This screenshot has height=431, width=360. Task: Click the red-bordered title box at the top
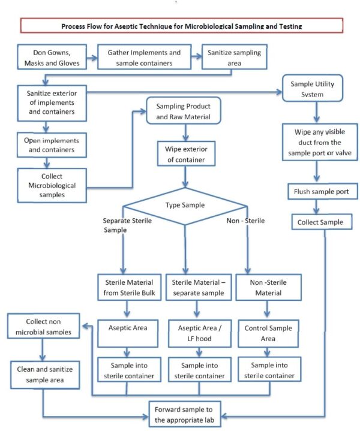[181, 26]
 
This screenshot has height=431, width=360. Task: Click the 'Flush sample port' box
[322, 193]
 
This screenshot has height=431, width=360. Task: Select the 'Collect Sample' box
[322, 222]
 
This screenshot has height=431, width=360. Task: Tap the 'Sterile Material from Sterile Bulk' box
[127, 287]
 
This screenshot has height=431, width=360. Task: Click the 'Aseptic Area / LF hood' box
[197, 333]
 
